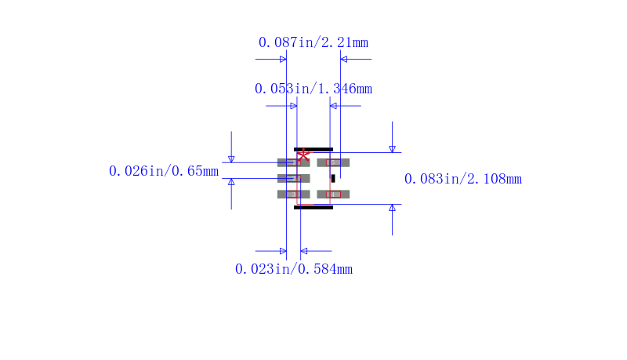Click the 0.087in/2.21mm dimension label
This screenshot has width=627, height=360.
pos(313,42)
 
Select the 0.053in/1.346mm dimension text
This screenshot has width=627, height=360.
pos(313,89)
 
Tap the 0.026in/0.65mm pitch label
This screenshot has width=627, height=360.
pos(164,171)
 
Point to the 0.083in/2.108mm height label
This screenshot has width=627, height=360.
pos(463,179)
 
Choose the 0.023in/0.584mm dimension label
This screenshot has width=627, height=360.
pos(294,269)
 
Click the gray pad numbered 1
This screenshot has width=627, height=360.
pos(293,162)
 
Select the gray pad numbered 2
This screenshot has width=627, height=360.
pos(293,178)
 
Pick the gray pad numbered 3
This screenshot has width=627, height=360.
pos(293,195)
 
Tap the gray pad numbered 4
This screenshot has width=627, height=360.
pos(333,195)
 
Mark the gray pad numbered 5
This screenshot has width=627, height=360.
pos(333,162)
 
